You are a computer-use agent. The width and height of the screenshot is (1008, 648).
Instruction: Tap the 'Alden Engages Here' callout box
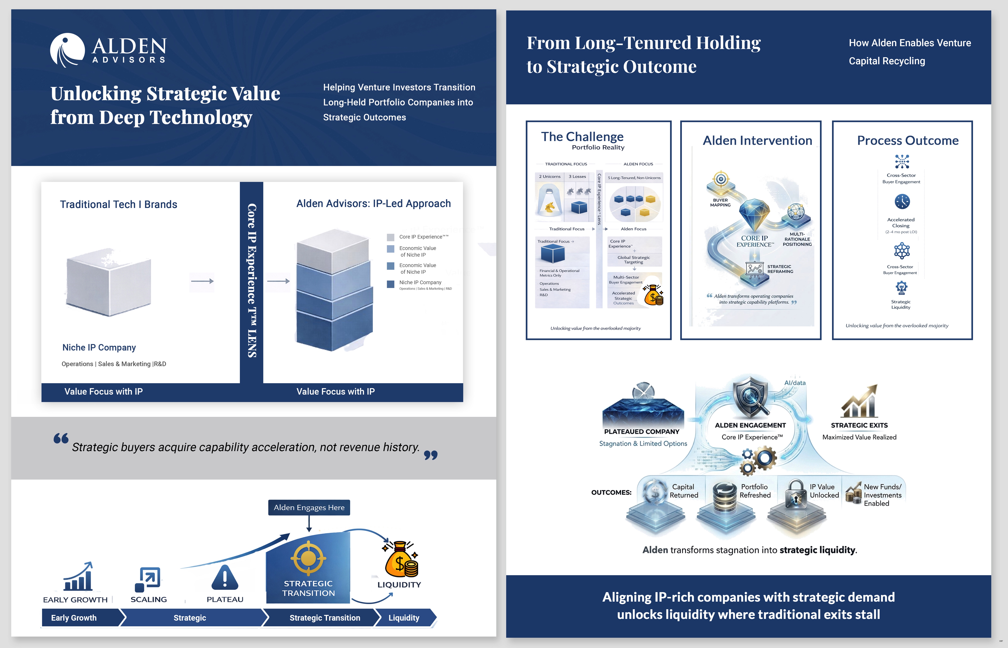309,508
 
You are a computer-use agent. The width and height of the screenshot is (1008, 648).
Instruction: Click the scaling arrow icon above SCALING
148,579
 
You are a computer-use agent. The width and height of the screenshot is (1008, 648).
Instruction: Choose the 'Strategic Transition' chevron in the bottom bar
325,618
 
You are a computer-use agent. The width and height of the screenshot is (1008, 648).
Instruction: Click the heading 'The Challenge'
582,137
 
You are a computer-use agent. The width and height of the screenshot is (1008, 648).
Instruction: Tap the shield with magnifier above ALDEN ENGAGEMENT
750,398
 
